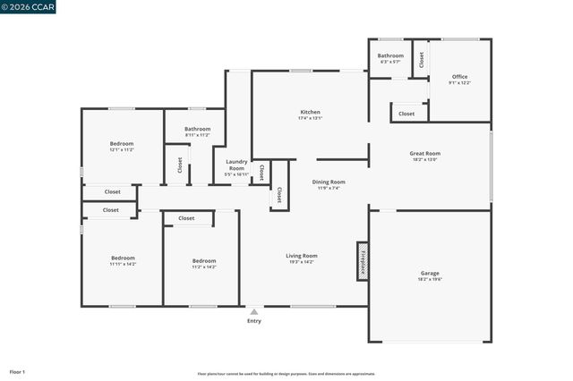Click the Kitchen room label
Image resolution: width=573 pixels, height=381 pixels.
tap(310, 113)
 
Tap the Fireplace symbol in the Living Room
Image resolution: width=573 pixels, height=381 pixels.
tap(363, 261)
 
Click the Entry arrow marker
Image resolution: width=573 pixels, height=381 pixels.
tap(254, 312)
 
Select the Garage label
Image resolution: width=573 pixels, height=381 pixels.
tap(430, 274)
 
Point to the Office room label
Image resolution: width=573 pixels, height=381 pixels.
tap(459, 77)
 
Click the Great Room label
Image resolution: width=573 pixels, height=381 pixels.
tap(425, 153)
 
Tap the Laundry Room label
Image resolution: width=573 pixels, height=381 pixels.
tap(236, 165)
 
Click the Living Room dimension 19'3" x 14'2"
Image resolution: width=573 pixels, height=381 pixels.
tap(302, 261)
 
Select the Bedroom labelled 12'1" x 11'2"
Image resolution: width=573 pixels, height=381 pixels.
tap(122, 144)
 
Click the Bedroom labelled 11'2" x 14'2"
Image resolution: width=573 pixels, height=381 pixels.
tap(203, 261)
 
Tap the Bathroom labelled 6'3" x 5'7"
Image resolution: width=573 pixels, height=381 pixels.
tap(390, 55)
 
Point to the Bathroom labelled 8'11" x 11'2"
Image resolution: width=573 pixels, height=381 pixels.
tap(197, 129)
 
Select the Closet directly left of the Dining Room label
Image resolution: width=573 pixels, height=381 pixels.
tap(279, 194)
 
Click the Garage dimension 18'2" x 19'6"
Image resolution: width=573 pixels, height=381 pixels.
tap(430, 280)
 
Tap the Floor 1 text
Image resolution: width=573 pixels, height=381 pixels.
tap(17, 371)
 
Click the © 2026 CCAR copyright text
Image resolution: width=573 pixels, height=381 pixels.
tap(29, 7)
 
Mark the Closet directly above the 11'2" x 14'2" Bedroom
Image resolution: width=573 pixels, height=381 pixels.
tap(186, 218)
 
